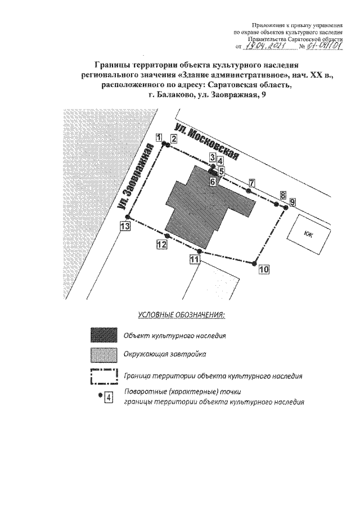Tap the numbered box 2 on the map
[174, 138]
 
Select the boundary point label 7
[251, 182]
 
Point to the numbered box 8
[282, 195]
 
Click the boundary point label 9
[292, 201]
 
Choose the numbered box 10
[264, 269]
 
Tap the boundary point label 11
[195, 259]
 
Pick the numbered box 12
[162, 244]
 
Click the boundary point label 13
[125, 226]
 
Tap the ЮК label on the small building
[307, 236]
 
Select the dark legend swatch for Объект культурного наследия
[104, 335]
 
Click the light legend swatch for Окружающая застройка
[104, 355]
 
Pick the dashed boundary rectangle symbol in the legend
[104, 376]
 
